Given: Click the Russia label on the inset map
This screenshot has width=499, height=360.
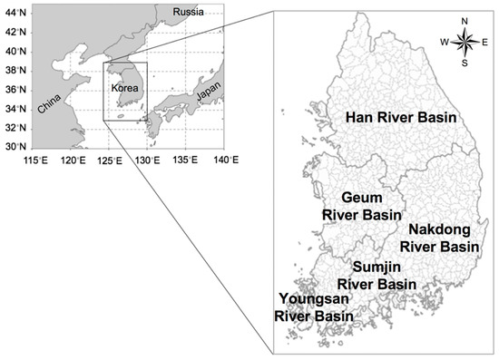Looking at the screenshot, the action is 186,13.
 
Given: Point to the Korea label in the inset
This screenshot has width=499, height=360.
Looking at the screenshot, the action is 123,89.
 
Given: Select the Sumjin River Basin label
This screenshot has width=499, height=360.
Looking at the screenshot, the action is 383,276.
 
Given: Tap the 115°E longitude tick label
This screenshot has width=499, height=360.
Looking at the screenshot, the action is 35,161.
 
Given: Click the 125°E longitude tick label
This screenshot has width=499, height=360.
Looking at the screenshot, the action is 108,161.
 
